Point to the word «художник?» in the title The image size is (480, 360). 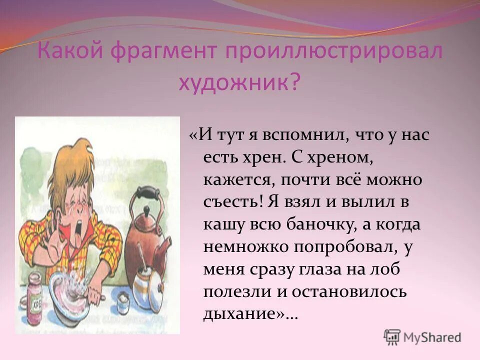pyautogui.click(x=240, y=80)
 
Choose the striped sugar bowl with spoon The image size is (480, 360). pyautogui.click(x=147, y=285)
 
